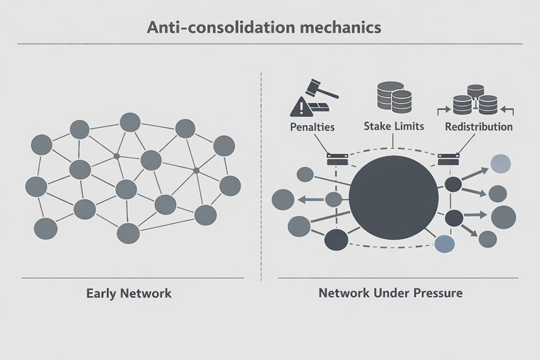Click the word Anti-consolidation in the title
coord(220,27)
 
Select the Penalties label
coord(312,127)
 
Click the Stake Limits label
coord(394,126)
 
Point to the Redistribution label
coord(479,127)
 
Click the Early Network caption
coord(128,293)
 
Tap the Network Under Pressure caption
coord(391,293)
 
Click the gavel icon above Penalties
coord(322,89)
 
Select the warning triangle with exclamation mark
coord(302,106)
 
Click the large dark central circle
coord(394,198)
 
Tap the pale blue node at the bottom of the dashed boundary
coord(445,244)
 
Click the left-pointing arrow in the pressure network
coord(310,199)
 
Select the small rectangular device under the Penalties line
coord(337,160)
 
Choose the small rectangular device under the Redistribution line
coord(449,160)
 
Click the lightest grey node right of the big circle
coord(500,164)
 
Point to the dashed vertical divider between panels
coord(261,176)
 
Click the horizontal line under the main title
coord(270,44)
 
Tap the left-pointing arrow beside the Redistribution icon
coord(507,110)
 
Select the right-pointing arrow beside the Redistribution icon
coord(444,110)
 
